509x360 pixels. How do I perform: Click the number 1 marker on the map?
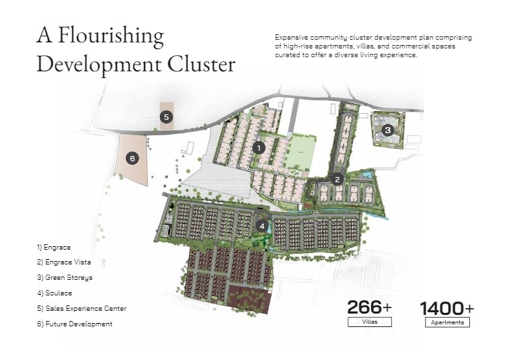point(260,147)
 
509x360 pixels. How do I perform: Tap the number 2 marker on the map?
point(338,179)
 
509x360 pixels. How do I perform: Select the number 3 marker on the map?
point(387,130)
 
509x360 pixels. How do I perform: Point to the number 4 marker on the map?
point(262,225)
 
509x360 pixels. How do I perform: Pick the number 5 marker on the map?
point(166,117)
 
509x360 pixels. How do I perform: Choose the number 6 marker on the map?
point(132,158)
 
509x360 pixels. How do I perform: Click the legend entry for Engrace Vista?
point(64,262)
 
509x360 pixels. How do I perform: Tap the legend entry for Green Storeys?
point(65,277)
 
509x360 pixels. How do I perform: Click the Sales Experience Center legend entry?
point(81,308)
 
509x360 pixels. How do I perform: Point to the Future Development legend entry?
point(75,324)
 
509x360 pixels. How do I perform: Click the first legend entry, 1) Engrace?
point(54,247)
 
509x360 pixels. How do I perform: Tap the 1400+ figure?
point(447,308)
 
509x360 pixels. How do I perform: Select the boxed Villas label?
point(369,322)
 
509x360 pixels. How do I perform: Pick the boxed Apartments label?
point(447,322)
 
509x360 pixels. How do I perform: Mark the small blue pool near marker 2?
point(366,175)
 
